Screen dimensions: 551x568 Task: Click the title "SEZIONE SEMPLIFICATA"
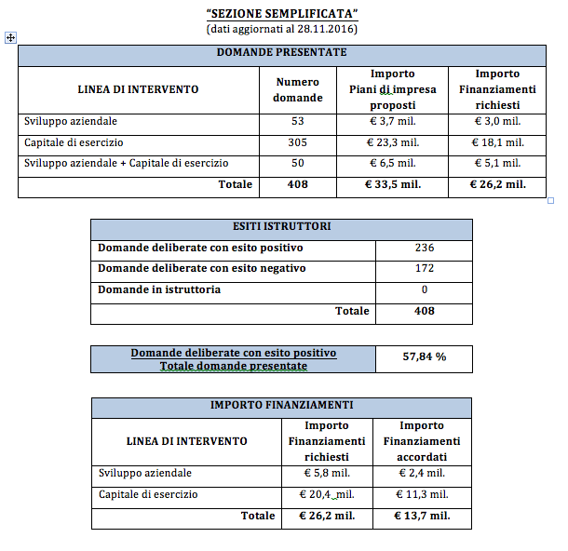282,14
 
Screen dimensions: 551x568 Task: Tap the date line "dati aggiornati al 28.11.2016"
282,29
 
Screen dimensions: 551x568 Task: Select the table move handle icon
10,37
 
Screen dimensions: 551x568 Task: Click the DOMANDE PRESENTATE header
282,53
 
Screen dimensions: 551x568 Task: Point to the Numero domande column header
299,89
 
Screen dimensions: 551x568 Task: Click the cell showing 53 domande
298,122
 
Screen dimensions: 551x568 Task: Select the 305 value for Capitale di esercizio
298,142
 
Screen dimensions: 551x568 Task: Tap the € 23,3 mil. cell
392,142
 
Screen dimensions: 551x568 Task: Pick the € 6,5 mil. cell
392,163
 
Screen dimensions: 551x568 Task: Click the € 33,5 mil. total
392,184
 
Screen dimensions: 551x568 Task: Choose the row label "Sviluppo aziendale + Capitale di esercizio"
126,163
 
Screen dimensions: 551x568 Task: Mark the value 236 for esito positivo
424,248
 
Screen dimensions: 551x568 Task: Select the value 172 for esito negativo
424,269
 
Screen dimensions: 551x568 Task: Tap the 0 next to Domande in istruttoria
424,289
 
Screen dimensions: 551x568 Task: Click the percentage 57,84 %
424,356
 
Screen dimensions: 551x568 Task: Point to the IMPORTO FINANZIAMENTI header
281,405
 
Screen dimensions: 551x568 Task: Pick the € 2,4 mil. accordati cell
422,473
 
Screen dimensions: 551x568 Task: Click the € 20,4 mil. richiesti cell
326,494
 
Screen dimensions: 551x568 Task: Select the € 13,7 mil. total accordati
422,516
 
